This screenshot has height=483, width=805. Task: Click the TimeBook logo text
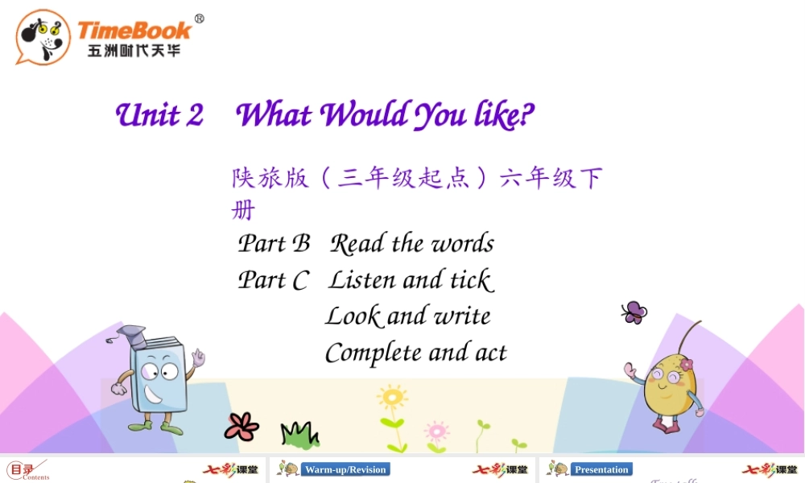(134, 31)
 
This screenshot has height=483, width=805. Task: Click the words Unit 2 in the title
(159, 115)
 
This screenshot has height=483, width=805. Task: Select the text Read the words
(411, 243)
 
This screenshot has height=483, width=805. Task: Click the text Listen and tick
(411, 280)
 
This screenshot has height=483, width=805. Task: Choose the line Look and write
(407, 316)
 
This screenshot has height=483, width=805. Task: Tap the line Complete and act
(415, 353)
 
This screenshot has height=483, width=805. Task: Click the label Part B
(274, 243)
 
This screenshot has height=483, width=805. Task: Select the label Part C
(273, 280)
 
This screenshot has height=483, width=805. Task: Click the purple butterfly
(634, 312)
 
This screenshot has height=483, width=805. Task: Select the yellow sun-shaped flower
(392, 398)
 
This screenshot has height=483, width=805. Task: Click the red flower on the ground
(242, 426)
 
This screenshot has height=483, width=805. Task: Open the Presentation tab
(601, 469)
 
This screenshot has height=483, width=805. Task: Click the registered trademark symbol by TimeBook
(200, 19)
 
